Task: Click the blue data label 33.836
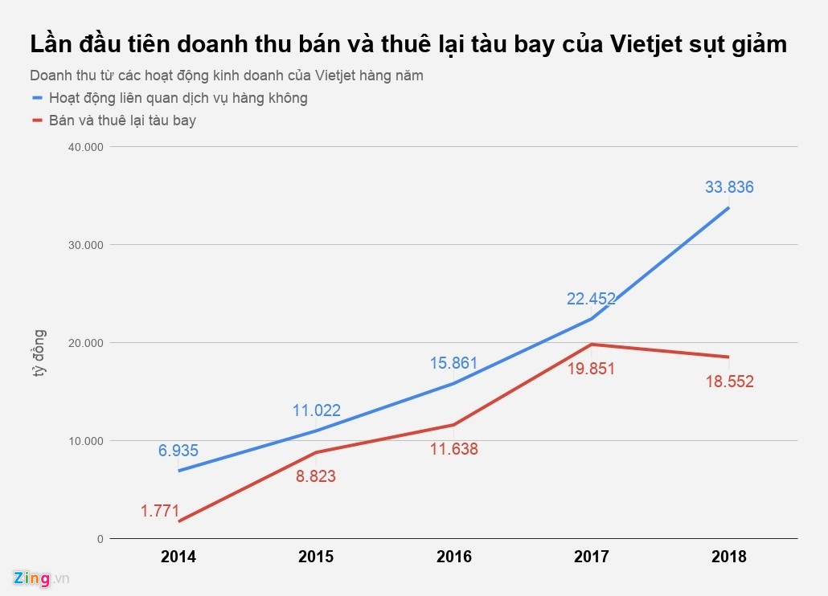point(729,187)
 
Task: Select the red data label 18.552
point(729,382)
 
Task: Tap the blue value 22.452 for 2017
point(591,299)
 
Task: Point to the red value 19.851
point(592,369)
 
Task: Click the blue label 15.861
point(453,362)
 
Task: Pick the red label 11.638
point(453,450)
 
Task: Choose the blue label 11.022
point(316,410)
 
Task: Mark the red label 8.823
point(316,476)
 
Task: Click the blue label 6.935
point(178,451)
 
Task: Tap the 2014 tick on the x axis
point(178,557)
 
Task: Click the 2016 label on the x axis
point(453,557)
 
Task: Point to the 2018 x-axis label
point(729,557)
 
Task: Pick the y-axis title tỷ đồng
point(39,354)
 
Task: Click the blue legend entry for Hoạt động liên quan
point(178,98)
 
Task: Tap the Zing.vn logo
point(41,578)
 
